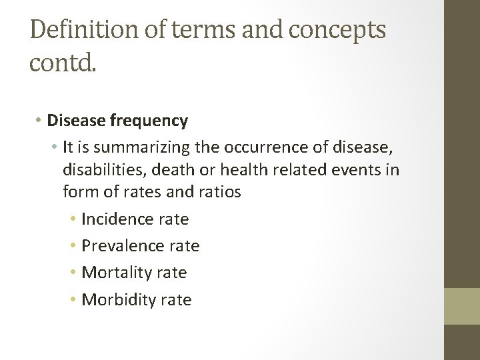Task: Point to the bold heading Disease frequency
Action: click(x=117, y=121)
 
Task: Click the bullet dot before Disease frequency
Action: click(x=39, y=121)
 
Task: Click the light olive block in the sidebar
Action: click(x=462, y=307)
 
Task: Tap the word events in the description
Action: click(x=357, y=169)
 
